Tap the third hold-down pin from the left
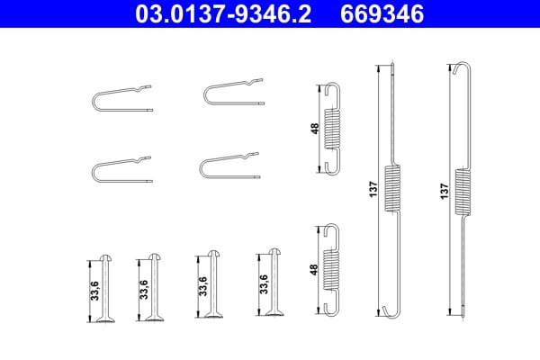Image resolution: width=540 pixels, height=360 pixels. (x=214, y=283)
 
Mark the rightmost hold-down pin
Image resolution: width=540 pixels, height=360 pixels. (x=276, y=283)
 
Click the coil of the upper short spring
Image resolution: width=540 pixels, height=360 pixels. (x=332, y=129)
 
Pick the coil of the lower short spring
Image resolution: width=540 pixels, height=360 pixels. (x=332, y=270)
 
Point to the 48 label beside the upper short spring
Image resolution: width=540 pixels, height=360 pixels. (x=314, y=129)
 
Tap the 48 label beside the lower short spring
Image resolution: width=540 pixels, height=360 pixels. (x=314, y=269)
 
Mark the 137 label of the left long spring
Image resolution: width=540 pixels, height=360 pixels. (x=373, y=190)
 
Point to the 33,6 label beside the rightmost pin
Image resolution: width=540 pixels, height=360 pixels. (x=263, y=284)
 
